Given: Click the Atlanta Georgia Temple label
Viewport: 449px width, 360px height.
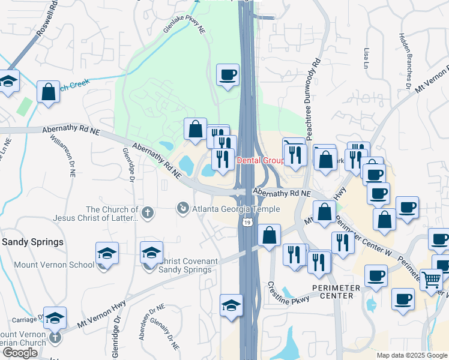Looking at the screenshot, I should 235,209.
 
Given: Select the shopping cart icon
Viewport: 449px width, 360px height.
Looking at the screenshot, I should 431,280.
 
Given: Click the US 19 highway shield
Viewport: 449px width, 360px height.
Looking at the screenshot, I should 247,223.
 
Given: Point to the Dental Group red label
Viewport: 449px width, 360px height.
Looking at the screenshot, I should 261,161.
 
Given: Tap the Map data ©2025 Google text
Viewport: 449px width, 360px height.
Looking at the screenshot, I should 412,356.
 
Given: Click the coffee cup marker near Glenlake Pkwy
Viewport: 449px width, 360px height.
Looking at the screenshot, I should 228,75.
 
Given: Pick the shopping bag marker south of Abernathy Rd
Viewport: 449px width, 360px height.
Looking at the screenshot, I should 270,235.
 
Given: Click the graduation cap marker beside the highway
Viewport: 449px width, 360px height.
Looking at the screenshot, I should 231,305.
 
